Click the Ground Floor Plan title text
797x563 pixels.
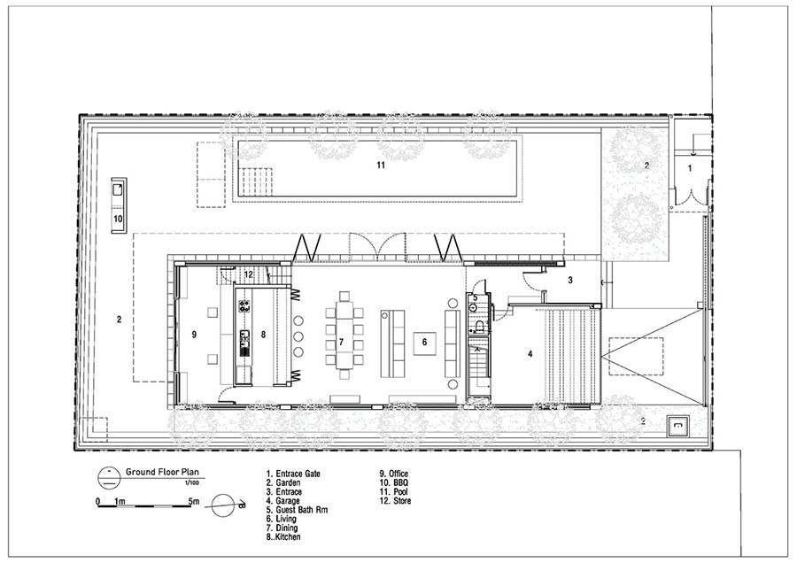162,472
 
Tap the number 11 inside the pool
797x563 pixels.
381,166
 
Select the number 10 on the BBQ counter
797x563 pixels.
118,220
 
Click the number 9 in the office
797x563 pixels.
194,334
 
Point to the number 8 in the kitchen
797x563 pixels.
263,334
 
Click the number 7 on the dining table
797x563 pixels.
341,342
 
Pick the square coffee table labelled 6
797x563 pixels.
424,342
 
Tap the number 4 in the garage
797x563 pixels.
530,354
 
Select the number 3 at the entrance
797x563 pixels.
570,280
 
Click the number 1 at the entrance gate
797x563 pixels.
690,168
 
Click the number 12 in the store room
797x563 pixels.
248,274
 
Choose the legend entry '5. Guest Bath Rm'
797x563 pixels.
297,510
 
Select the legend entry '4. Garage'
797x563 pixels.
282,500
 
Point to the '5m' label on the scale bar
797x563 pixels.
194,502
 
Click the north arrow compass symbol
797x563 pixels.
225,505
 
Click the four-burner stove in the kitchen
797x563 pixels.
244,306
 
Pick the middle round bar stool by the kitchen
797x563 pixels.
298,335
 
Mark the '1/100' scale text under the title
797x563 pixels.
191,482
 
